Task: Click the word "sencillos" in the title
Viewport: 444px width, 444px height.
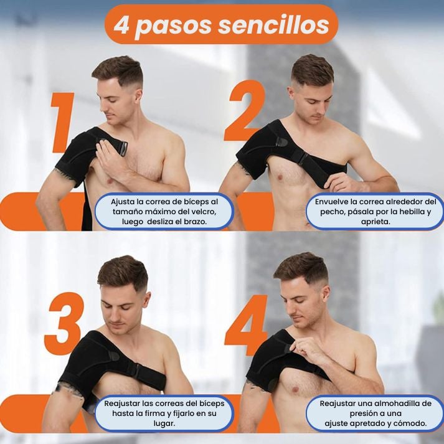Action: click(273, 25)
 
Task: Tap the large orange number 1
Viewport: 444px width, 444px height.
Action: click(63, 122)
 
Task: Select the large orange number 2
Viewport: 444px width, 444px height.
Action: click(245, 110)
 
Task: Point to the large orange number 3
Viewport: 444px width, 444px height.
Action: click(64, 323)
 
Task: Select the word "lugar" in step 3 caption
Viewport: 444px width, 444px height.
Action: click(164, 423)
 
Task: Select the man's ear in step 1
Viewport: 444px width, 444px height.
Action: click(138, 96)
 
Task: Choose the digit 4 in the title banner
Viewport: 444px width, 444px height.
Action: click(122, 25)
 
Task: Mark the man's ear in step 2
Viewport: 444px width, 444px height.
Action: click(291, 93)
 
